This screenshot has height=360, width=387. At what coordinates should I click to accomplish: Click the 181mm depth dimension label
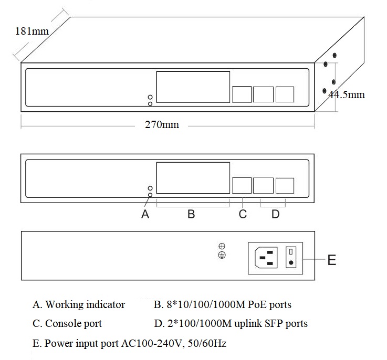(32, 31)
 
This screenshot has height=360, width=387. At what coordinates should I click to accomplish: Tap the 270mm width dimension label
(162, 125)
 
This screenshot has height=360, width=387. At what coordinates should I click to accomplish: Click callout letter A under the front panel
(145, 214)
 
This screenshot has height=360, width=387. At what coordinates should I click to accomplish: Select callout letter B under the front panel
(191, 214)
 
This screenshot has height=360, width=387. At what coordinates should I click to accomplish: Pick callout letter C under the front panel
(243, 214)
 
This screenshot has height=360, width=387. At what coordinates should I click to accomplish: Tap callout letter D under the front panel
(275, 214)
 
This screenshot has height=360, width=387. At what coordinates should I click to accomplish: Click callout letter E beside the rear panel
(331, 260)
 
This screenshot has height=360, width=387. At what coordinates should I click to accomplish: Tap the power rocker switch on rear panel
(290, 258)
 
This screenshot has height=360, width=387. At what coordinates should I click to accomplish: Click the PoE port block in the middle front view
(193, 178)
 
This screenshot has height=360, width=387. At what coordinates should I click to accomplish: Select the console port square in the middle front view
(242, 186)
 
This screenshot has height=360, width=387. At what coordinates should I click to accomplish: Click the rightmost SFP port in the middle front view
(285, 186)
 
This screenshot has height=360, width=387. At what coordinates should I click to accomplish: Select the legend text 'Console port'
(74, 323)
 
